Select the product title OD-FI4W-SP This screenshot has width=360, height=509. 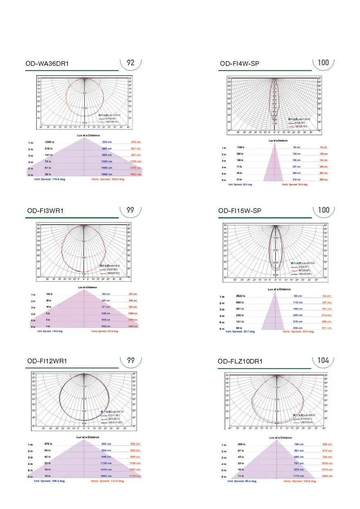(239, 64)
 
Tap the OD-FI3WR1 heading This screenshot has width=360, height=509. (45, 211)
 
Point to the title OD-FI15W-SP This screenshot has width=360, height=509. (240, 211)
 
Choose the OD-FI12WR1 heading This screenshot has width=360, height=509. (47, 361)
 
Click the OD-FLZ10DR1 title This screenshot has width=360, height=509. (240, 361)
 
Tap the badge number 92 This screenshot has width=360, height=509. (130, 63)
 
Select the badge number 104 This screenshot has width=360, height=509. (323, 360)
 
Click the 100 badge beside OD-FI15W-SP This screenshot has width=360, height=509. (323, 210)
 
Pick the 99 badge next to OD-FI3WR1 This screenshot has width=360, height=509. (130, 210)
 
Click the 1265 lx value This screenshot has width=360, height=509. (49, 142)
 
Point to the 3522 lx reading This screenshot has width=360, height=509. (241, 296)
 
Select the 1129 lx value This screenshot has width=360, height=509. (241, 147)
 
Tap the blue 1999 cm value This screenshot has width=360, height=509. (107, 175)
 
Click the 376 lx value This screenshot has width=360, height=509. (48, 444)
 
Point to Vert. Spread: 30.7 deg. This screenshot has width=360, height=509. (240, 332)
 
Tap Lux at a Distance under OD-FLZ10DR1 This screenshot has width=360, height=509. (279, 437)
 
